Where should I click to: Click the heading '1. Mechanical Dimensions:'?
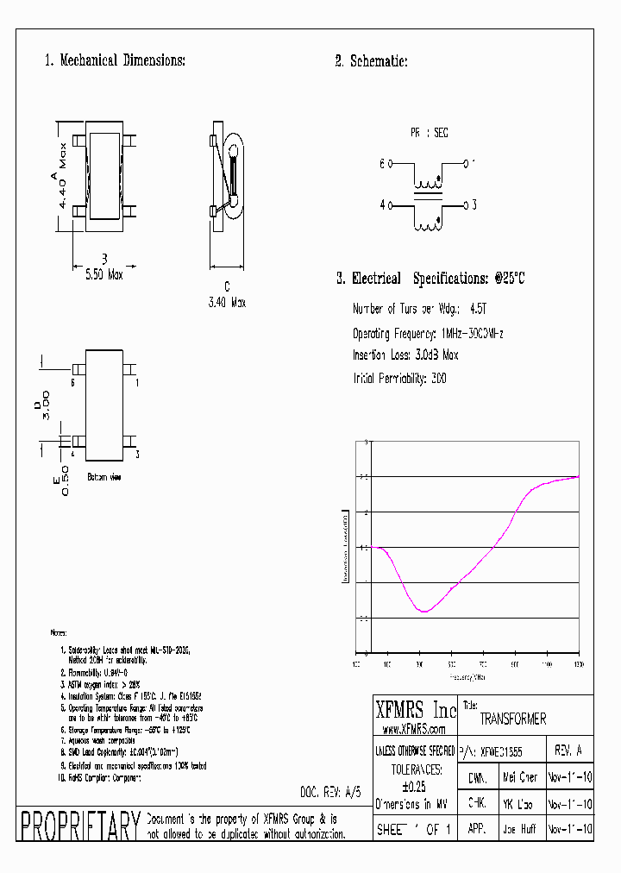[115, 60]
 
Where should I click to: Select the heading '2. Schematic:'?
[371, 60]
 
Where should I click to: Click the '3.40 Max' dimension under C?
[227, 302]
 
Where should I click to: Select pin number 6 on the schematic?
[381, 162]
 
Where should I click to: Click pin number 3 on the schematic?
[474, 205]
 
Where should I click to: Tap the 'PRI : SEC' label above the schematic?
[429, 134]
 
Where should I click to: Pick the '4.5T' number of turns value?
[480, 309]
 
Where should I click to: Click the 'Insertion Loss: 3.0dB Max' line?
[405, 355]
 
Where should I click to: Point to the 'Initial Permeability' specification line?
[400, 378]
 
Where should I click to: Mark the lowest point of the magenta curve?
[423, 611]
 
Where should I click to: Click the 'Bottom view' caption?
[104, 476]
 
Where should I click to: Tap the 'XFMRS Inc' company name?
[415, 710]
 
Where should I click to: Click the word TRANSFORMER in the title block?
[512, 719]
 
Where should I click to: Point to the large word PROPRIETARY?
[79, 826]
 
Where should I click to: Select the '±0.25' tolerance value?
[415, 786]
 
